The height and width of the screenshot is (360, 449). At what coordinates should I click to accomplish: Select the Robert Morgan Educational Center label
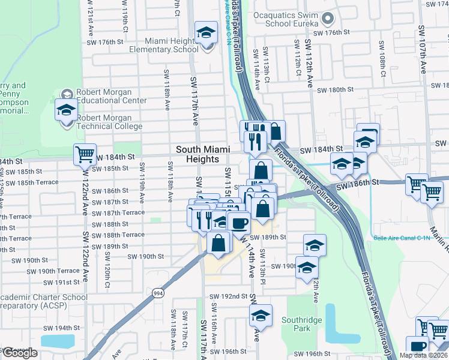111,97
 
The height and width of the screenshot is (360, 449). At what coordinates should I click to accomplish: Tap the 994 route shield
158,293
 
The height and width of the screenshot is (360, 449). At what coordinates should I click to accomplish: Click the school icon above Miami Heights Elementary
206,32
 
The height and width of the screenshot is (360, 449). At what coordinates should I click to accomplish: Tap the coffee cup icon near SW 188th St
240,223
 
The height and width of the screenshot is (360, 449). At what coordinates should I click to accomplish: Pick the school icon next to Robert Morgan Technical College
65,110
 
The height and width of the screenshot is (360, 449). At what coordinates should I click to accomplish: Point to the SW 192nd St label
229,296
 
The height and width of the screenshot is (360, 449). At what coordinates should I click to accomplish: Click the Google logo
19,353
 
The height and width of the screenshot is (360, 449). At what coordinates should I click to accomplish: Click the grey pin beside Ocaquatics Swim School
328,19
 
